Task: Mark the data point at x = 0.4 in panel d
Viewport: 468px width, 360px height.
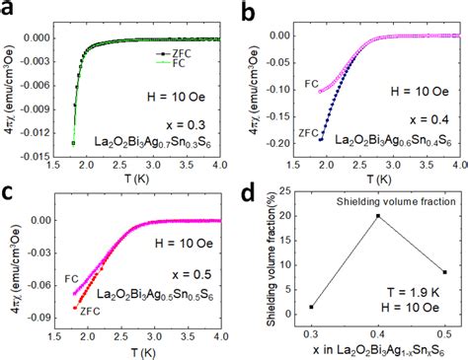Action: click(376, 216)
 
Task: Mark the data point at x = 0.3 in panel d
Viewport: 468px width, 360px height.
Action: click(313, 307)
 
